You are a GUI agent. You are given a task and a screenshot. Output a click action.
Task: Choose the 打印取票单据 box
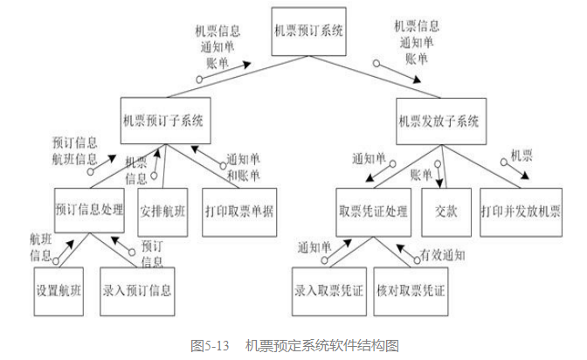(238, 211)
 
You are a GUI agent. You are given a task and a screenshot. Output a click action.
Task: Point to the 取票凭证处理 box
(373, 211)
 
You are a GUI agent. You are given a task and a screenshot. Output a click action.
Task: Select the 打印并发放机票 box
(520, 211)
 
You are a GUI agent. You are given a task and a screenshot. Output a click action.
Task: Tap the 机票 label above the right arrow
(521, 155)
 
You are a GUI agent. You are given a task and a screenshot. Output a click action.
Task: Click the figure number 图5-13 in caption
(210, 345)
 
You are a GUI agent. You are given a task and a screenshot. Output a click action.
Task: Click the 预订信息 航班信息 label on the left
(74, 149)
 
